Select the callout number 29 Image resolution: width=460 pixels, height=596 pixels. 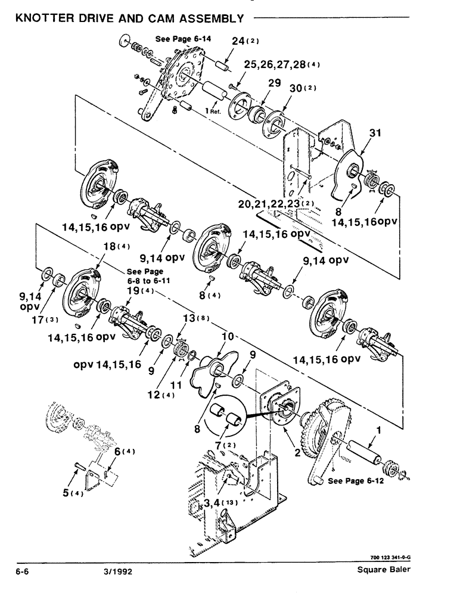pos(274,85)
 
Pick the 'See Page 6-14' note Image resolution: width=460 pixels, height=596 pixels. pos(179,39)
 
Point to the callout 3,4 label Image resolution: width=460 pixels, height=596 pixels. pos(216,504)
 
